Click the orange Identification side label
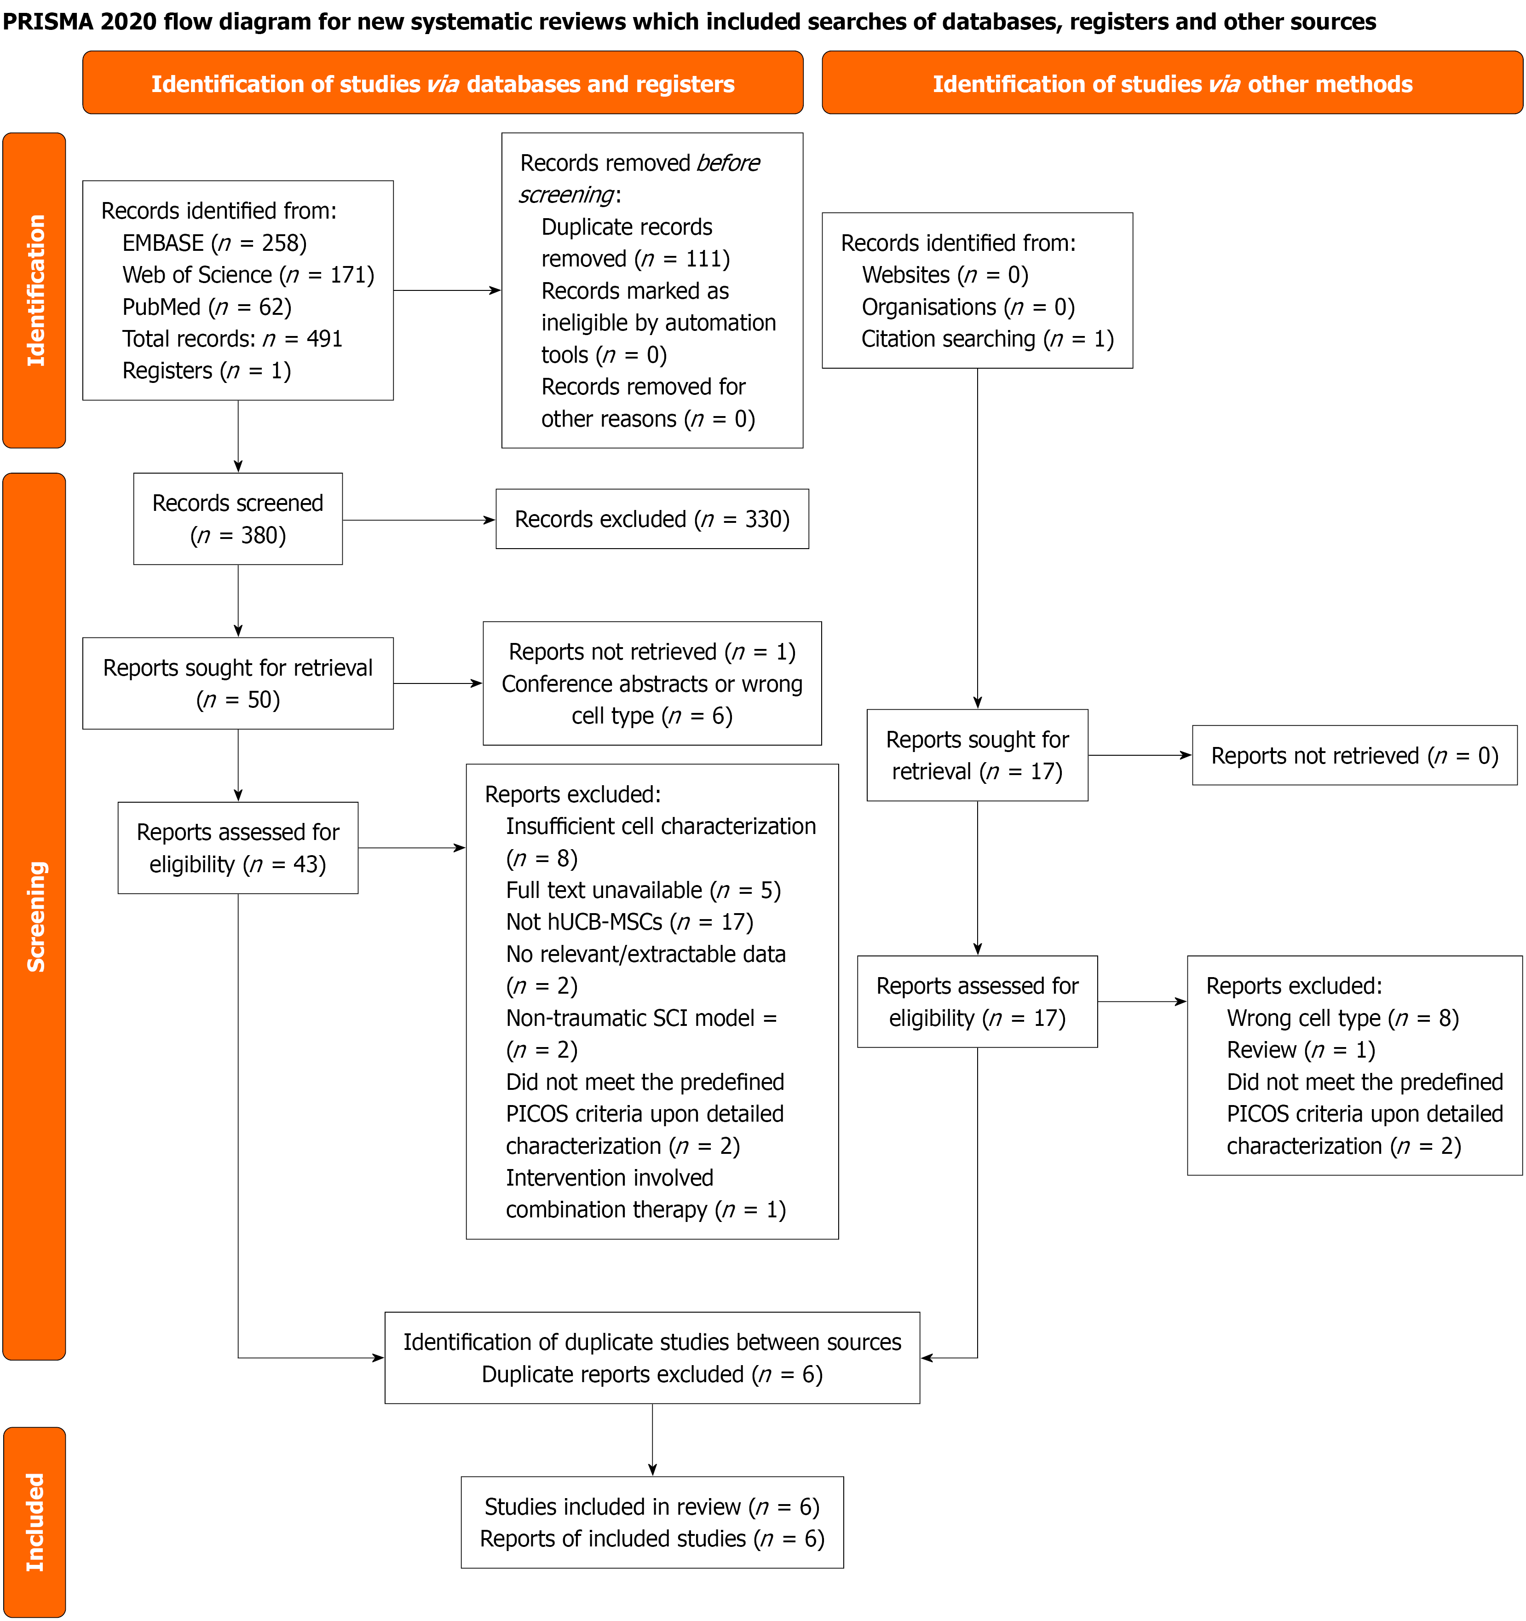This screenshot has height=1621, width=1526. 34,290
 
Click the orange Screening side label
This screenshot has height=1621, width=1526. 34,916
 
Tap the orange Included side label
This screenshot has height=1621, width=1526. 34,1522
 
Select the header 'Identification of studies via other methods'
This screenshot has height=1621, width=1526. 1172,83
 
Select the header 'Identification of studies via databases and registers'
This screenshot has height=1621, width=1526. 443,83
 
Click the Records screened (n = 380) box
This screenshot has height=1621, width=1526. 238,519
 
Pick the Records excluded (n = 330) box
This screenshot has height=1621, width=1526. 652,519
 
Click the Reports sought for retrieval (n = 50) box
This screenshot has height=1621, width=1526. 238,683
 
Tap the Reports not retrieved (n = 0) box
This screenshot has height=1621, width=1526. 1355,755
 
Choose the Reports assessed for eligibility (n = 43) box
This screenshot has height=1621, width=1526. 238,848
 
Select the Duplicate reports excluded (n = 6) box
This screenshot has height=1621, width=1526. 652,1358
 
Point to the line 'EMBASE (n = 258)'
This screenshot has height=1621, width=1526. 214,243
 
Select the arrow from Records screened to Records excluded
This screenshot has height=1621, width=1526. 419,520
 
